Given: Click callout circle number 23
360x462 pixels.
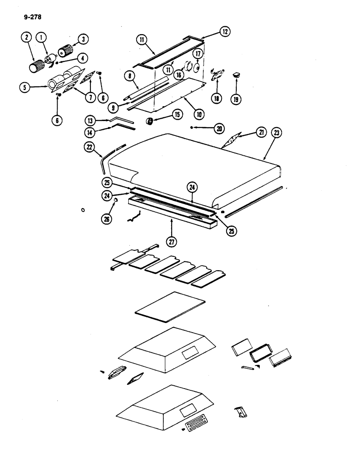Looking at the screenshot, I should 277,134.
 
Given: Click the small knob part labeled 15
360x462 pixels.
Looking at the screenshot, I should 150,121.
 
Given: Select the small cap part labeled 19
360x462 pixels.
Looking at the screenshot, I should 237,73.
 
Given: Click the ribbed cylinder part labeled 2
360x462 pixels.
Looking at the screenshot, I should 35,67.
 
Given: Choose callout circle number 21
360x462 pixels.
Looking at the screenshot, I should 262,134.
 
